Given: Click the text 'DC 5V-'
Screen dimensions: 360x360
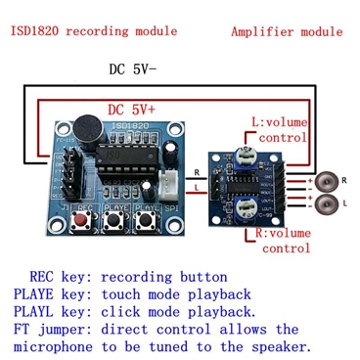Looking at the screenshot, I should (134, 70).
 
